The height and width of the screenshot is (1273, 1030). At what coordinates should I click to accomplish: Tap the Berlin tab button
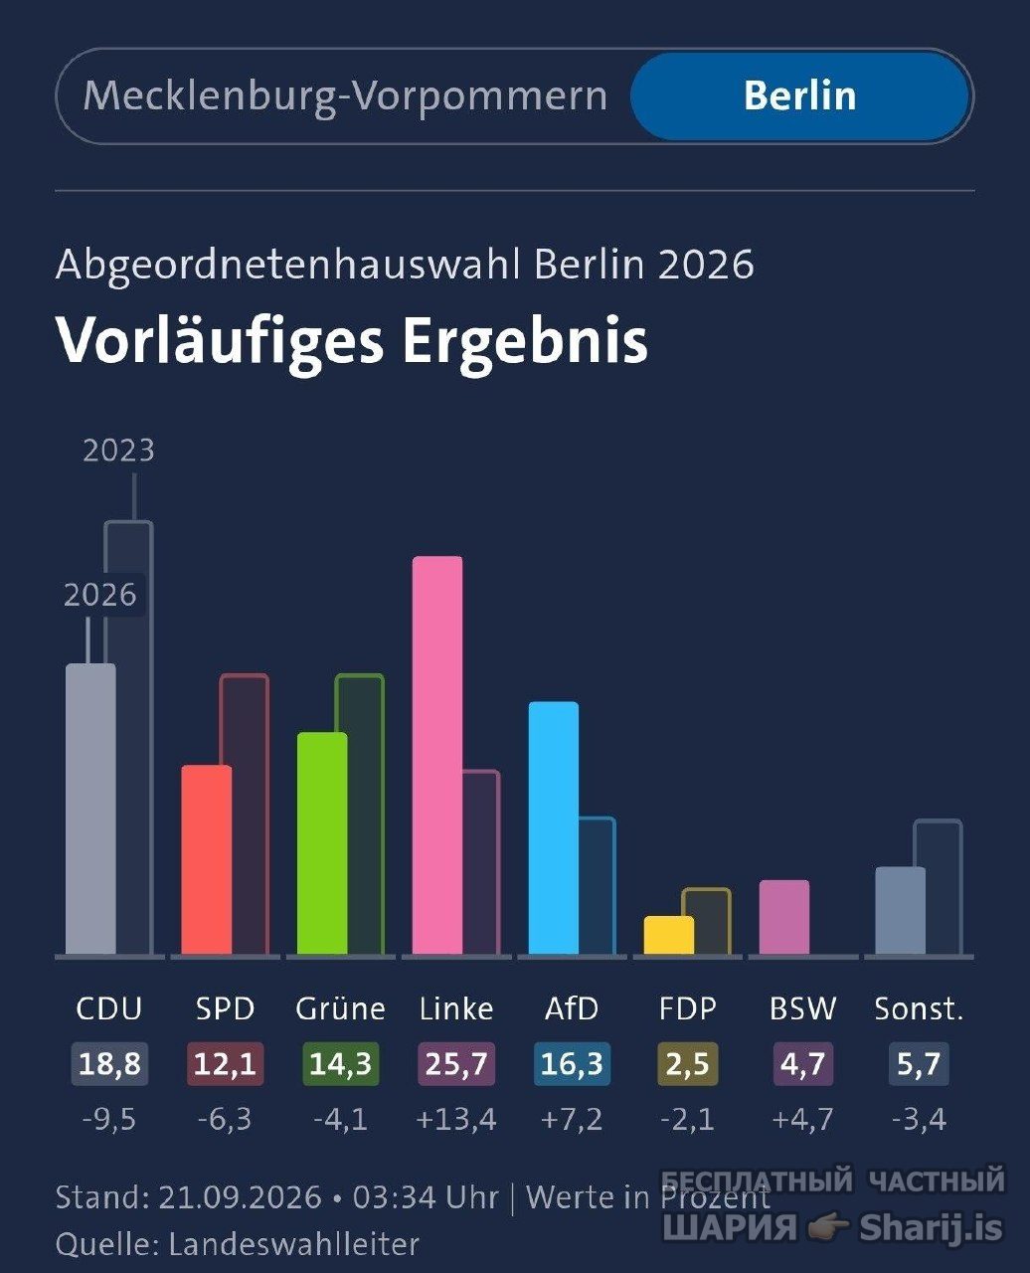(x=799, y=96)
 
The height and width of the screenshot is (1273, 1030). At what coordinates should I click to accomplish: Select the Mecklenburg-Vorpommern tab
(x=345, y=96)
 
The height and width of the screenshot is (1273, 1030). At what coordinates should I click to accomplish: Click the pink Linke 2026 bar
(x=437, y=756)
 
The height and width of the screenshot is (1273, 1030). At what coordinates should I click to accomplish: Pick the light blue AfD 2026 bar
(x=553, y=828)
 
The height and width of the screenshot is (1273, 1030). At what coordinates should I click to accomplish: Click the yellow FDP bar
(x=668, y=935)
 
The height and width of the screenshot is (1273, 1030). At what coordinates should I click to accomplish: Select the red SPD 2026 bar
(x=206, y=860)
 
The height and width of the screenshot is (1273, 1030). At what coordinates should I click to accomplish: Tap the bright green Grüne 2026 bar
(x=322, y=843)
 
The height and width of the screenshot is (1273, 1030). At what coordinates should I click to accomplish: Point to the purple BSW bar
(x=784, y=917)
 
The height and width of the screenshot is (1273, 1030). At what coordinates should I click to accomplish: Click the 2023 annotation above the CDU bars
(x=119, y=451)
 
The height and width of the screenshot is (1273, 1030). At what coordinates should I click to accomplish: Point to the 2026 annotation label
(x=100, y=596)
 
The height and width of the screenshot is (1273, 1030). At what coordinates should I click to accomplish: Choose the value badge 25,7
(x=456, y=1064)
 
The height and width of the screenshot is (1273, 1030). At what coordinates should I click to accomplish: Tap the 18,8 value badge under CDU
(x=109, y=1064)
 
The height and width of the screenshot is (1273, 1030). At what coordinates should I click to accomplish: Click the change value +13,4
(x=456, y=1119)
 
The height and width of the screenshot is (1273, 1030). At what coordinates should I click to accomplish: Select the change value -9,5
(x=109, y=1119)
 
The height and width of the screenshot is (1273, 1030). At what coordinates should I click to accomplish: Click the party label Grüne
(x=341, y=1009)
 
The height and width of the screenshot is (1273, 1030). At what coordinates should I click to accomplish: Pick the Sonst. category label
(x=919, y=1009)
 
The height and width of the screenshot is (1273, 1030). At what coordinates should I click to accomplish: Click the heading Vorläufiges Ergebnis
(x=352, y=341)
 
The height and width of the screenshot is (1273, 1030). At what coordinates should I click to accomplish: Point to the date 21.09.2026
(x=241, y=1197)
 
